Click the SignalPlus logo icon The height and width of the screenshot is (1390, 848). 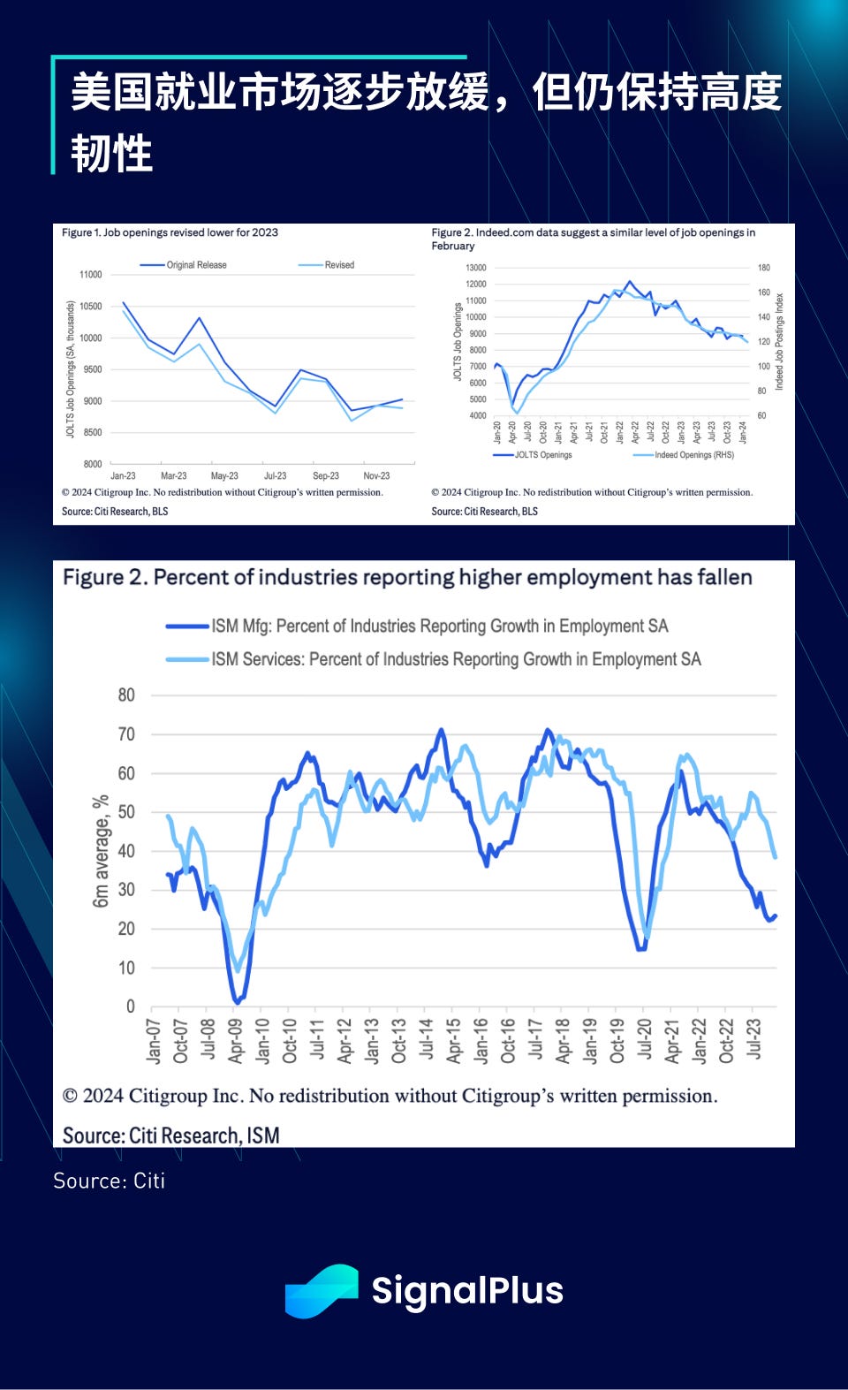322,1291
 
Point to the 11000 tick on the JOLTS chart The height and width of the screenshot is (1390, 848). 90,275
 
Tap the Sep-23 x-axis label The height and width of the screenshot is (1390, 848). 326,475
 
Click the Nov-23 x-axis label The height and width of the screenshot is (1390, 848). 376,475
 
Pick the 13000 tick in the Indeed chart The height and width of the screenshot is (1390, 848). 476,268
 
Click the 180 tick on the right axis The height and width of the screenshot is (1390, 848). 763,268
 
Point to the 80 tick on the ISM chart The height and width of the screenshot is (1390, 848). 126,695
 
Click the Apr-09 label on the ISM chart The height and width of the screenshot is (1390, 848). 235,1040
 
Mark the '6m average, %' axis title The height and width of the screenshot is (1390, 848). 101,851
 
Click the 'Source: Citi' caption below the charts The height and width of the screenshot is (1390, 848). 109,1181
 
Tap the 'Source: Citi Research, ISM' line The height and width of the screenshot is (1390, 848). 170,1136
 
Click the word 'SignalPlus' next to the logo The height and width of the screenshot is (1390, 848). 467,1291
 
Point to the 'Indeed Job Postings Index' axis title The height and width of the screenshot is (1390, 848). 779,341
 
